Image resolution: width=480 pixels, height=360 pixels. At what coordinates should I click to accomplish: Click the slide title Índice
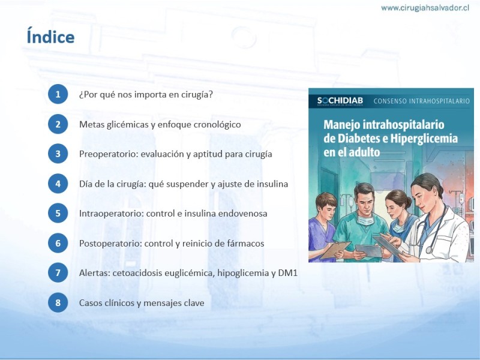[x=50, y=36]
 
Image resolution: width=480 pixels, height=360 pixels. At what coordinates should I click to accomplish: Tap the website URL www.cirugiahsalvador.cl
[x=425, y=8]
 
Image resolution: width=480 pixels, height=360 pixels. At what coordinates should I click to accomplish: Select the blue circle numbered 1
[x=58, y=94]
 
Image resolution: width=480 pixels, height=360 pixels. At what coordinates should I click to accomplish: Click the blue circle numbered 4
[x=58, y=184]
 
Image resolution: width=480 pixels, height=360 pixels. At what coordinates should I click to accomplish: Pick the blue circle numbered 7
[x=58, y=272]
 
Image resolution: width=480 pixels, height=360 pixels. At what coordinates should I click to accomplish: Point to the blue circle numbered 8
[x=58, y=302]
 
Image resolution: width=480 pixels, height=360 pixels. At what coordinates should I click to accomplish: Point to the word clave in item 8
[x=194, y=303]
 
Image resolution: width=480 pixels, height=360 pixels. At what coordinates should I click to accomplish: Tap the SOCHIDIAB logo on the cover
[x=340, y=101]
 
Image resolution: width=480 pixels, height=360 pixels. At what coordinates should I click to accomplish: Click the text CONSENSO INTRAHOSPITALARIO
[x=422, y=101]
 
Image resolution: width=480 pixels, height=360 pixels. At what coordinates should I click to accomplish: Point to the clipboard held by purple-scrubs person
[x=335, y=250]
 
